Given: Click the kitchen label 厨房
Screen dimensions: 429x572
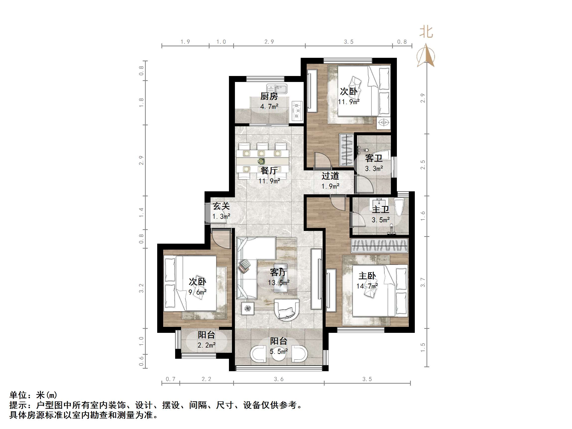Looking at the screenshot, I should click(x=269, y=96).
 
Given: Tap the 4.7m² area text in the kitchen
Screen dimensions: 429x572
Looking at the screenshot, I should click(x=269, y=107).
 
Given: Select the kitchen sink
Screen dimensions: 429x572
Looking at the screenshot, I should click(x=277, y=89).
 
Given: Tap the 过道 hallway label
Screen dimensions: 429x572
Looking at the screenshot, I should click(x=330, y=176).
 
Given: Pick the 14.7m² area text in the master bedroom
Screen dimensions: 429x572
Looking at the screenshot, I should click(x=367, y=286).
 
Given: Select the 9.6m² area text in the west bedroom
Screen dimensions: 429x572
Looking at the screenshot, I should click(x=197, y=292).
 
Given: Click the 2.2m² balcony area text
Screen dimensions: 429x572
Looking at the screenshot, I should click(x=206, y=345).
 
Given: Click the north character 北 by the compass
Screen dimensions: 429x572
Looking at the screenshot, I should click(x=426, y=32).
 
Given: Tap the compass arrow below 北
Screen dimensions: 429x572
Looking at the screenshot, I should click(x=426, y=56).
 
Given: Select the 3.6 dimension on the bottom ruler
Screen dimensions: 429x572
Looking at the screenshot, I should click(x=279, y=379).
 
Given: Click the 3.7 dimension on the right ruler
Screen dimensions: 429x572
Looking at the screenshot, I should click(x=423, y=282).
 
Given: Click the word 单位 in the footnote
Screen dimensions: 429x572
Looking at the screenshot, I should click(x=18, y=395).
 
